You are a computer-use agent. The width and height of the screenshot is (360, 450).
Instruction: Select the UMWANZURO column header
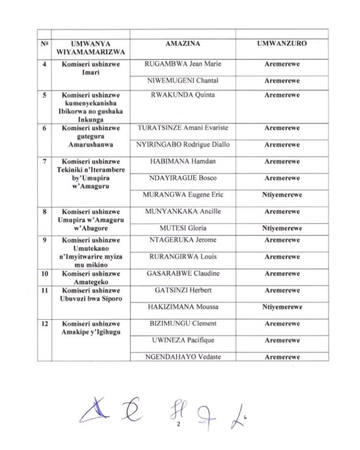pyautogui.click(x=282, y=44)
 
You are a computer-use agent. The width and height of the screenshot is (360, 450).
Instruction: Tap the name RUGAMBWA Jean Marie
pyautogui.click(x=182, y=64)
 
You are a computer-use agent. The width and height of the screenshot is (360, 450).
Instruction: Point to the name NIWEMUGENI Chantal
pyautogui.click(x=182, y=81)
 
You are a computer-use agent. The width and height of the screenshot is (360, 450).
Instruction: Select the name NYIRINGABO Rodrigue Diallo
pyautogui.click(x=182, y=144)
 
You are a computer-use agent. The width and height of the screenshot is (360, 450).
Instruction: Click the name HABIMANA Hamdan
pyautogui.click(x=182, y=161)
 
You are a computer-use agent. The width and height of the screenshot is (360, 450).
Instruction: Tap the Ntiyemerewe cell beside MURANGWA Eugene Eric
pyautogui.click(x=282, y=195)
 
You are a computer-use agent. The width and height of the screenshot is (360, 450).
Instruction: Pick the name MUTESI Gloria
pyautogui.click(x=182, y=228)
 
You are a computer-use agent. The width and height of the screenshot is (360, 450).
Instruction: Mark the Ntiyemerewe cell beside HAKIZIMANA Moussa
pyautogui.click(x=282, y=307)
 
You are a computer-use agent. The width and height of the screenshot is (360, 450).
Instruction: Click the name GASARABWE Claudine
pyautogui.click(x=182, y=273)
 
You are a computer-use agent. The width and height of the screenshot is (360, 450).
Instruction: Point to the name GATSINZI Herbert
pyautogui.click(x=182, y=290)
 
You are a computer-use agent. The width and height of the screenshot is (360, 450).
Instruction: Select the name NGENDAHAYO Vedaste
pyautogui.click(x=182, y=357)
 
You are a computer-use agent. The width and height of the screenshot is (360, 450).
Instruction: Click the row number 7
pyautogui.click(x=44, y=161)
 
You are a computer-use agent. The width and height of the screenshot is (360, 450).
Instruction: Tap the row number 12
pyautogui.click(x=44, y=324)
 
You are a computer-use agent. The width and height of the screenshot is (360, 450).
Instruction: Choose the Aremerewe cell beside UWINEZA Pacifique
pyautogui.click(x=282, y=340)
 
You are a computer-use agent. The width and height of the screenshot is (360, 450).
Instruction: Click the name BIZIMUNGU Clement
pyautogui.click(x=182, y=323)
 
